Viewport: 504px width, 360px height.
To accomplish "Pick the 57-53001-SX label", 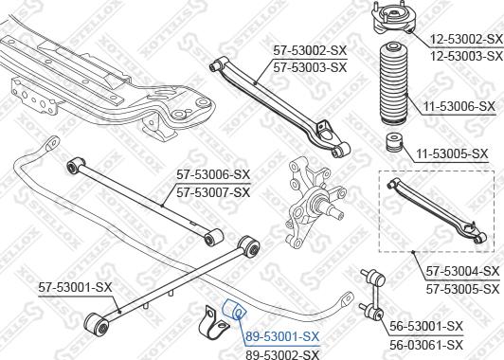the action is (x=75, y=285).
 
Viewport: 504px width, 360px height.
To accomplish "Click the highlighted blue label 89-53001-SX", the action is (x=282, y=336).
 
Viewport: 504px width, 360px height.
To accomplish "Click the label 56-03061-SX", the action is (x=427, y=344).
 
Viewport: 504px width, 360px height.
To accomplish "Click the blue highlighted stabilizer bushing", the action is (x=236, y=310).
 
